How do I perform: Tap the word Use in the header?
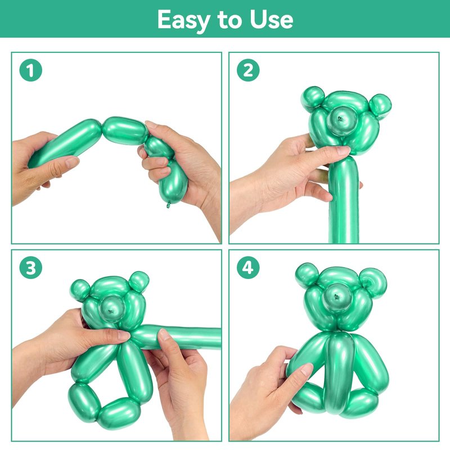pyautogui.click(x=271, y=20)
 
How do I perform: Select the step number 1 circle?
pyautogui.click(x=31, y=70)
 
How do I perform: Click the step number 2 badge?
pyautogui.click(x=248, y=70)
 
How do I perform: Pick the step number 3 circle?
pyautogui.click(x=31, y=268)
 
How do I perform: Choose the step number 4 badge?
pyautogui.click(x=248, y=268)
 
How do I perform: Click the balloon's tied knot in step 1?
pyautogui.click(x=168, y=205)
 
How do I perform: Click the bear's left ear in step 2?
pyautogui.click(x=313, y=98)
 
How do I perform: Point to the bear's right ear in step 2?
pyautogui.click(x=380, y=105)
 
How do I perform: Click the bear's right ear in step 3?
pyautogui.click(x=139, y=282)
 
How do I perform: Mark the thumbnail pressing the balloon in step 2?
pyautogui.click(x=343, y=150)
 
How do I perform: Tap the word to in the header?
pyautogui.click(x=230, y=20)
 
